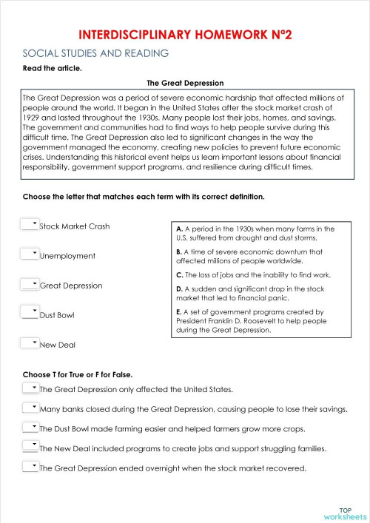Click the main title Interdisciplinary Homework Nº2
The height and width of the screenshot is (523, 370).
pos(184,35)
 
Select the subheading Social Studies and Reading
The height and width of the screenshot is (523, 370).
pos(96,53)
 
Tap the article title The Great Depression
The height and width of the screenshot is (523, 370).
pos(185,84)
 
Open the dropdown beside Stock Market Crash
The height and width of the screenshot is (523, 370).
pos(30,224)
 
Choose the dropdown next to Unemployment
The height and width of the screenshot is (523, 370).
pos(30,254)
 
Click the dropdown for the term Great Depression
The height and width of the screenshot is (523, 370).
pos(30,283)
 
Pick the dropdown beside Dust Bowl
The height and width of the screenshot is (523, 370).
pos(30,313)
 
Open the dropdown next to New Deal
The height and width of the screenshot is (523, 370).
pos(30,343)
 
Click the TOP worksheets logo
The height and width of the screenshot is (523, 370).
pos(344,513)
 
